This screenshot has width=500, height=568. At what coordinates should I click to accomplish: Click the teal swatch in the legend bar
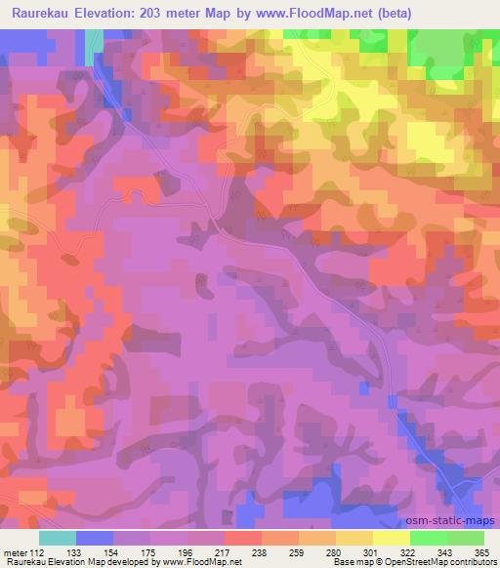[58, 538]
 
